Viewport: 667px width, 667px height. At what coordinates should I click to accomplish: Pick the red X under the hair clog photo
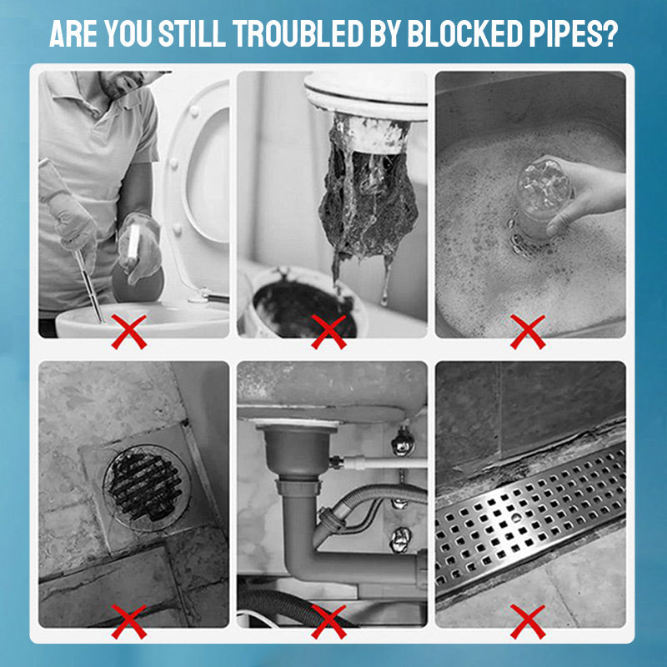(x=328, y=331)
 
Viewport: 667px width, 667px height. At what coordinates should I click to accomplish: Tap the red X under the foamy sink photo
(x=528, y=331)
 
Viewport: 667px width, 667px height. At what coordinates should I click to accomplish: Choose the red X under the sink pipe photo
(x=328, y=621)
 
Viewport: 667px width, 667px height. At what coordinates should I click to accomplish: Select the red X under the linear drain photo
(x=528, y=621)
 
